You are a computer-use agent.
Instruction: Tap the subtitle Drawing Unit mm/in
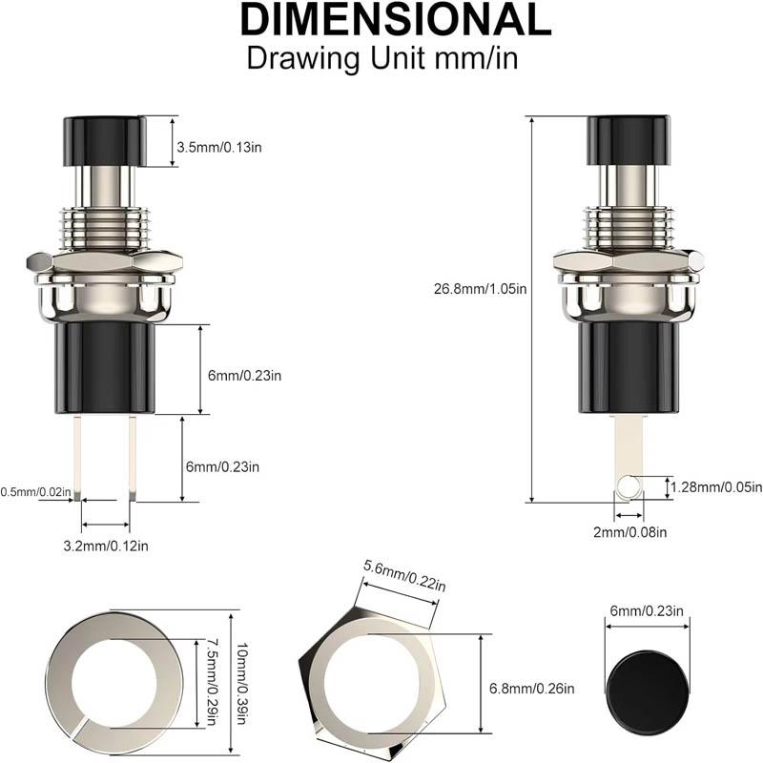(x=381, y=56)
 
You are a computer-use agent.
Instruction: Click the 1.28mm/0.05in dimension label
(x=715, y=487)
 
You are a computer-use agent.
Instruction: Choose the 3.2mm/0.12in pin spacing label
(x=105, y=546)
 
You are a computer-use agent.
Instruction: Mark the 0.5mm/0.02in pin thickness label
(x=35, y=492)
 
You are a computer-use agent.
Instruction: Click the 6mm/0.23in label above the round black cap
(x=647, y=612)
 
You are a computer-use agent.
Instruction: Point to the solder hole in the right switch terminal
(x=626, y=488)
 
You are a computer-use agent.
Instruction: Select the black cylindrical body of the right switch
(x=626, y=367)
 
